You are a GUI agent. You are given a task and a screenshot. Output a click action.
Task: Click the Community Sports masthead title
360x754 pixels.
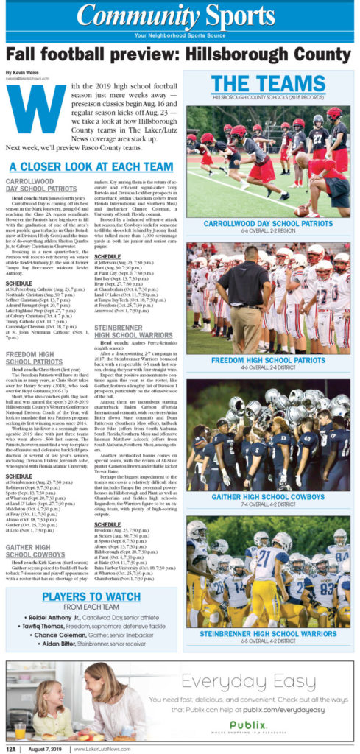[x=180, y=15]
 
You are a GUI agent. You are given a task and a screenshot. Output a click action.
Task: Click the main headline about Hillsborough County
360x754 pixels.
[x=180, y=54]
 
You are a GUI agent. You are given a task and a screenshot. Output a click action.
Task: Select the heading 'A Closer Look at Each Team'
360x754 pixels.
[x=91, y=167]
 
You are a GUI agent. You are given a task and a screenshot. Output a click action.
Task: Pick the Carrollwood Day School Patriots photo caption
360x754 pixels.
[x=269, y=222]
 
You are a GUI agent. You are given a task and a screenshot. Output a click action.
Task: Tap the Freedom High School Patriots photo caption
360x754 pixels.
[x=269, y=360]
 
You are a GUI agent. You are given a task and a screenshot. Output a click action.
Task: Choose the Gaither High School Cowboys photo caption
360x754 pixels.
[x=269, y=497]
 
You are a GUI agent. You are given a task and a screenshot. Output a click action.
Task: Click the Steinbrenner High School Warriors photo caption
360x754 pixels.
[x=269, y=633]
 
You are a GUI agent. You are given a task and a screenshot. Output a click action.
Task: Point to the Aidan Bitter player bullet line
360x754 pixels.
[x=91, y=643]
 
